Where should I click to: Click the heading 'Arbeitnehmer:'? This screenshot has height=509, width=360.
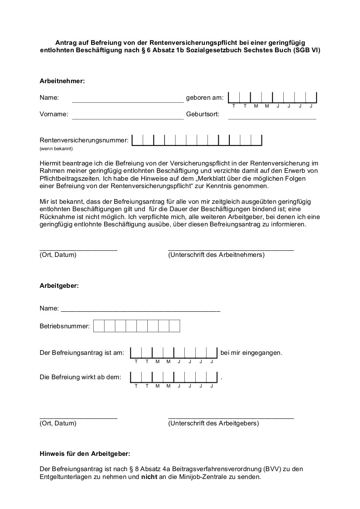[x=62, y=81]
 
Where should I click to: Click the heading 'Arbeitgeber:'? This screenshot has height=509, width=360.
[x=59, y=286]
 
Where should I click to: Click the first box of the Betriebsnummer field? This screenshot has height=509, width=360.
[x=99, y=326]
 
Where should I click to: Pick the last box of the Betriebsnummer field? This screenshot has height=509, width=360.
[x=174, y=326]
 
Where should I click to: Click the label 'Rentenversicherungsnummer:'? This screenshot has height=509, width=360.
[x=84, y=140]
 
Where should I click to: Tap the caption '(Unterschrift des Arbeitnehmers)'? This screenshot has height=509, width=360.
[x=216, y=255]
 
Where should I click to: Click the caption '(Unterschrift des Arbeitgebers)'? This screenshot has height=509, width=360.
[x=213, y=423]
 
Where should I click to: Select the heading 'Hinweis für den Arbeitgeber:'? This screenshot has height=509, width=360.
[x=85, y=454]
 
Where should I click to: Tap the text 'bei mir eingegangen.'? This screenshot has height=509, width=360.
[x=251, y=353]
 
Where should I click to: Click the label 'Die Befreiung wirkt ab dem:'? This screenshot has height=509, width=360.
[x=81, y=377]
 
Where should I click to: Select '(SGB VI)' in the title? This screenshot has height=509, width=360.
[x=307, y=51]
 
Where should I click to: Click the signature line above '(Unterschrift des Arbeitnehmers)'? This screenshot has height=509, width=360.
[x=231, y=249]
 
